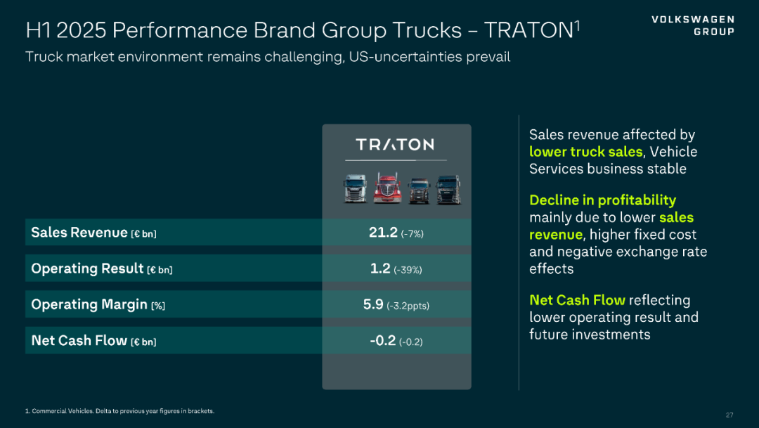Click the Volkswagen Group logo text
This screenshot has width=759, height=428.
point(692,25)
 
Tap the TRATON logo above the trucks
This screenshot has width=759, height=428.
point(395,144)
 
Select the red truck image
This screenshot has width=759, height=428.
point(387,188)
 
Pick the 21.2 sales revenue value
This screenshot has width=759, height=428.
point(383,233)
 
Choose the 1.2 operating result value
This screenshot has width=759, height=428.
point(380,268)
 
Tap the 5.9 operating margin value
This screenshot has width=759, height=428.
point(373,304)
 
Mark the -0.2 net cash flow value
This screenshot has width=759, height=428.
point(383,341)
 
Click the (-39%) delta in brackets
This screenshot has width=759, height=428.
point(408,270)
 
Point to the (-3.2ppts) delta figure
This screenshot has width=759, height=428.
point(408,306)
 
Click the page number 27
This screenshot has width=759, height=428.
point(729,415)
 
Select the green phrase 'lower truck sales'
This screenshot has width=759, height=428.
point(585,152)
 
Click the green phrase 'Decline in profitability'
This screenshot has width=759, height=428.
point(602,200)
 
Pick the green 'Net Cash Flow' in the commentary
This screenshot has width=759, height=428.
point(577,300)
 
